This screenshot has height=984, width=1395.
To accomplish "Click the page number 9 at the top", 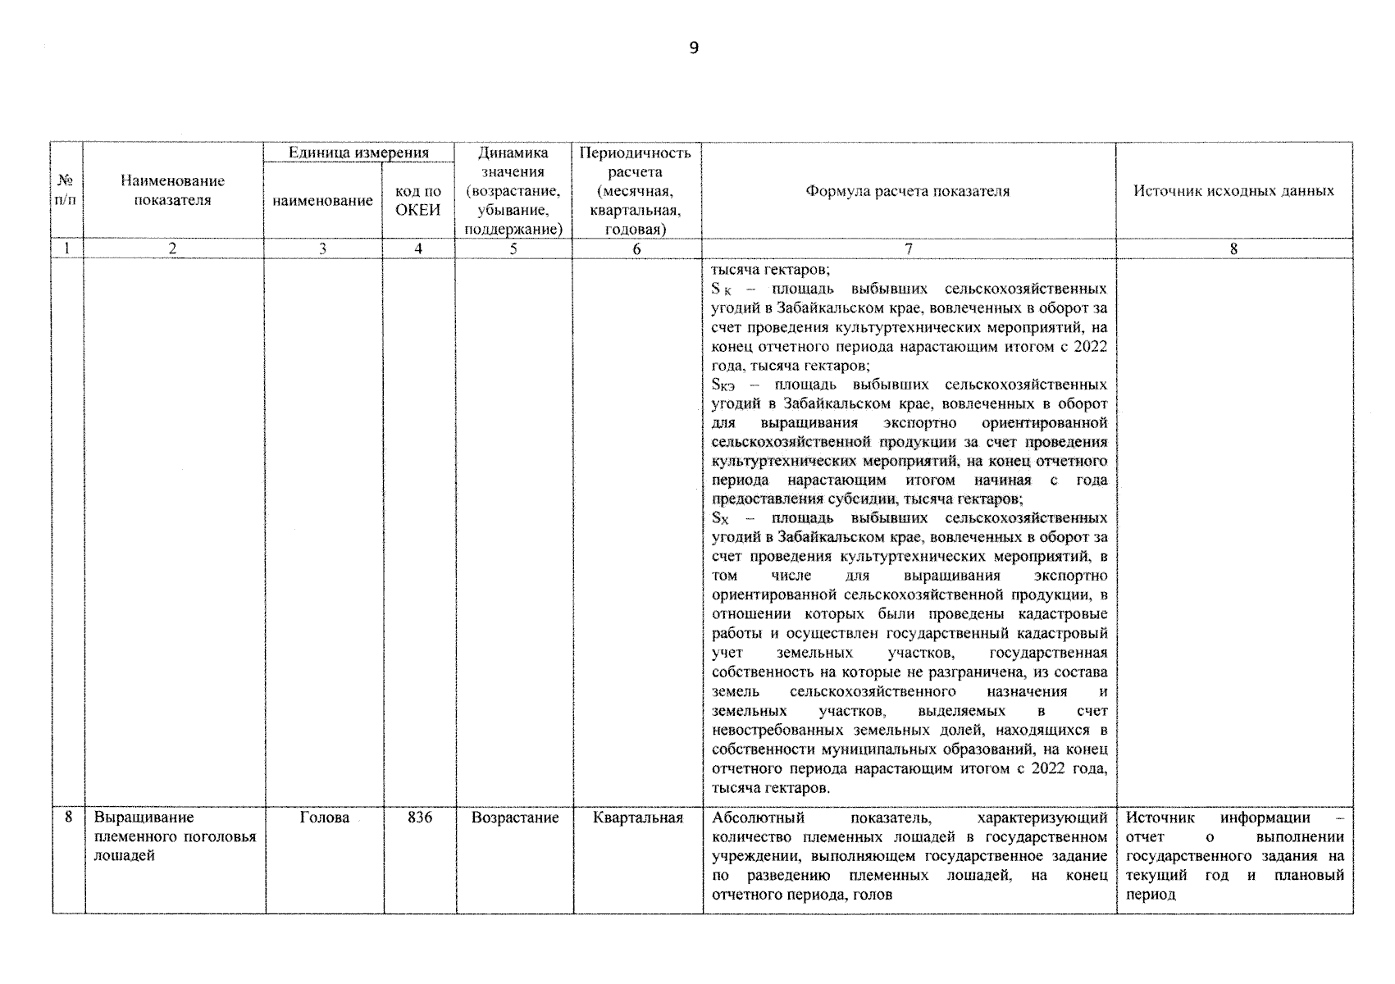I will coord(694,48).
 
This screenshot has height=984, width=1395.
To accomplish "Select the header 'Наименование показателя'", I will coord(172,190).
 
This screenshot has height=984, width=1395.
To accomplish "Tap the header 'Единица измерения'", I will coord(358,153).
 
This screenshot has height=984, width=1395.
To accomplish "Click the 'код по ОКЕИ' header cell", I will coord(418,200).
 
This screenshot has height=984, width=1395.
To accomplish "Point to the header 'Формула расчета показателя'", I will coord(907,191).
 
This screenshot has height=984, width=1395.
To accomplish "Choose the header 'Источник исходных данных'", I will coord(1233,191).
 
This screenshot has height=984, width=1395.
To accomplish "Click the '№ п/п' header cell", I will coord(66,191).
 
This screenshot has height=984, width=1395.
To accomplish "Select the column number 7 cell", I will coord(907,249).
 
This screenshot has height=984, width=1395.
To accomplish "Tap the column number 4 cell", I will coord(418,249).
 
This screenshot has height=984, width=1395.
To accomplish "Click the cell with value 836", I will coord(419,818).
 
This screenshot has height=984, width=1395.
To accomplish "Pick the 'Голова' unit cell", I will coord(324,818).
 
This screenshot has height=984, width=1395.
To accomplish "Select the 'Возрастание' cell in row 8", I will coord(514,818).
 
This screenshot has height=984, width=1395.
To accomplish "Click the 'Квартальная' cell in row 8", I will coord(637,818).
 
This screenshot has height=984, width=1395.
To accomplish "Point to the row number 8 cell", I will coord(68,818).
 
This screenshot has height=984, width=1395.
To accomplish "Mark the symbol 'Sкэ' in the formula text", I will coord(725,385).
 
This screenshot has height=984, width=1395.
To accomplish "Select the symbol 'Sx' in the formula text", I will coord(720,519).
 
